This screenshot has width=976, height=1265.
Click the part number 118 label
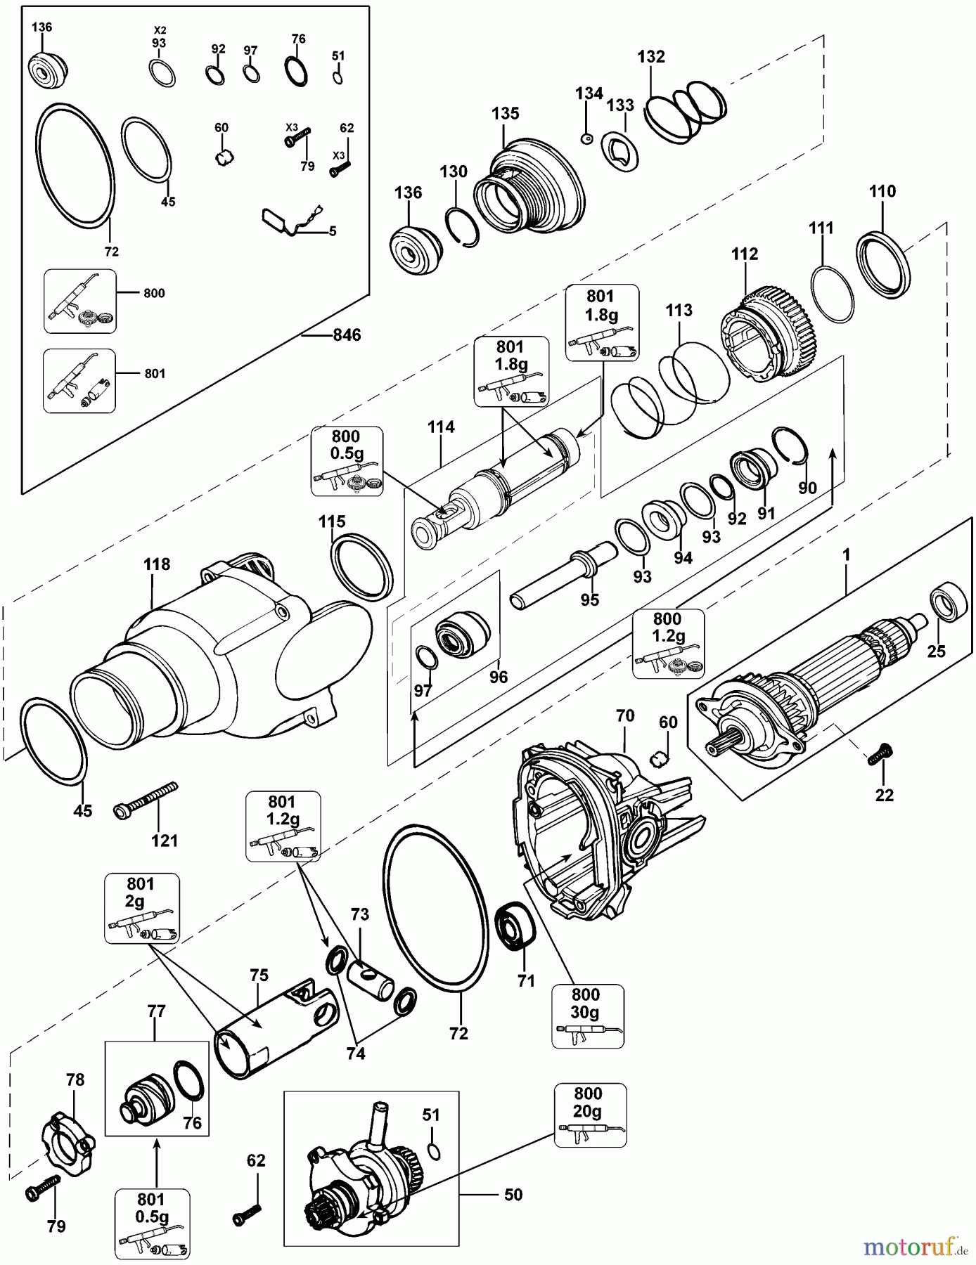(x=156, y=564)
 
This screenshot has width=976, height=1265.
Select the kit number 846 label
(x=347, y=335)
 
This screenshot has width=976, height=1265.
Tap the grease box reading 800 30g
(x=587, y=1016)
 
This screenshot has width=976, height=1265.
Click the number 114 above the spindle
(x=441, y=427)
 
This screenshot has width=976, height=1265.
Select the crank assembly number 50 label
(x=513, y=1195)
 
